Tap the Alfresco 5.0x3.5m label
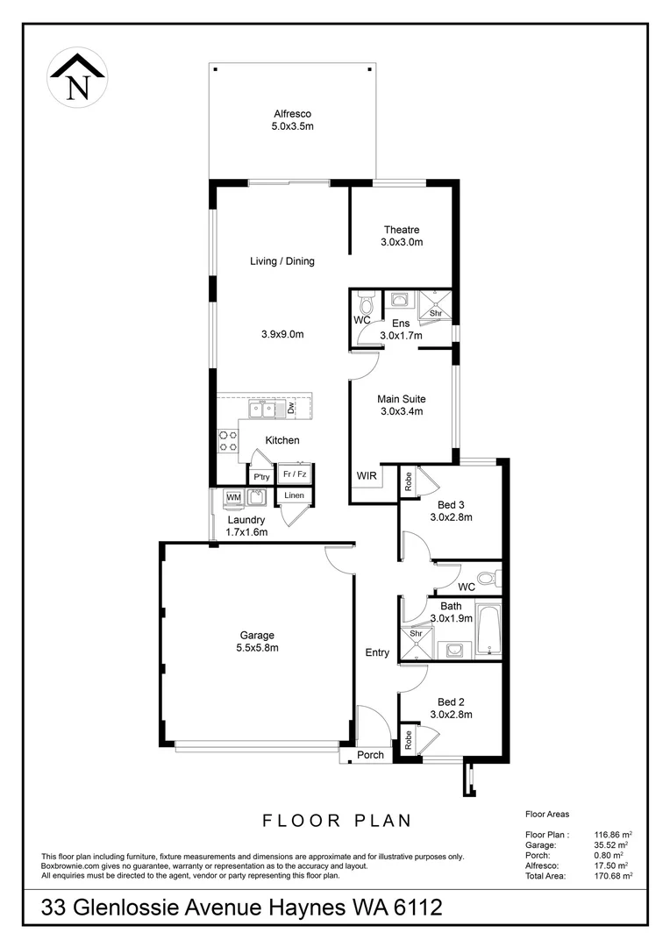[x=292, y=120]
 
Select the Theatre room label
[x=402, y=236]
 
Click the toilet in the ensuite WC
[x=367, y=303]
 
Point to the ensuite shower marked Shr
[x=435, y=306]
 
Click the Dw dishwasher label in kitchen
[x=291, y=409]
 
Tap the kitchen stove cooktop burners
[x=228, y=440]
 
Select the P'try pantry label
[x=261, y=477]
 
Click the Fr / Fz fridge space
[x=295, y=474]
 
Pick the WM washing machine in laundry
[x=233, y=498]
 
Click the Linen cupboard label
[x=295, y=495]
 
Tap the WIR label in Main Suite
[x=366, y=476]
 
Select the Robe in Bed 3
[x=408, y=481]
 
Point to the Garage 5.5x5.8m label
[x=257, y=642]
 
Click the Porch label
[x=370, y=755]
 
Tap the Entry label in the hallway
[x=377, y=652]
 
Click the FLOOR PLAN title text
[x=338, y=822]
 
